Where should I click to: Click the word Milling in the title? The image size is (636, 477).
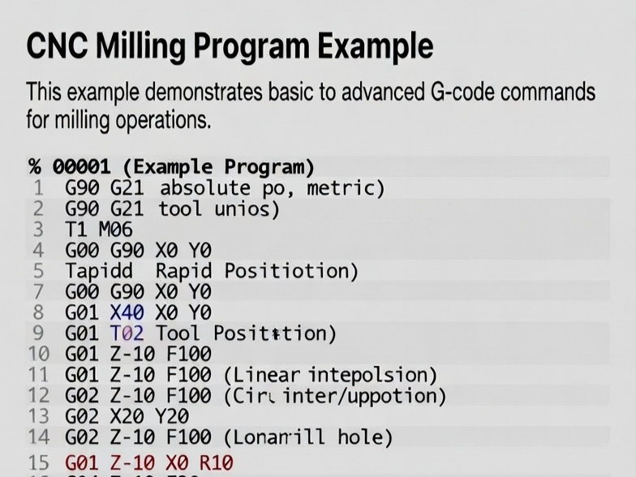click(x=142, y=45)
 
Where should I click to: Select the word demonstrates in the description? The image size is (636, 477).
click(x=191, y=92)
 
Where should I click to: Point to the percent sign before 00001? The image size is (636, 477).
click(x=35, y=167)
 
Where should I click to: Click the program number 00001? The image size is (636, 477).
click(x=81, y=167)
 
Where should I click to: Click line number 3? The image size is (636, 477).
click(x=37, y=230)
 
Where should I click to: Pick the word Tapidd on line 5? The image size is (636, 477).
click(x=99, y=271)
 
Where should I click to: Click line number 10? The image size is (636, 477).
click(x=38, y=354)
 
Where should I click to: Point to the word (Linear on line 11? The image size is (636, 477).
click(x=260, y=375)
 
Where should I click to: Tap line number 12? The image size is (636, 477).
click(x=38, y=396)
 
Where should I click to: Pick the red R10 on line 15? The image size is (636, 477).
click(x=215, y=463)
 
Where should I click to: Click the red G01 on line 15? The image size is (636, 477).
click(x=81, y=463)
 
